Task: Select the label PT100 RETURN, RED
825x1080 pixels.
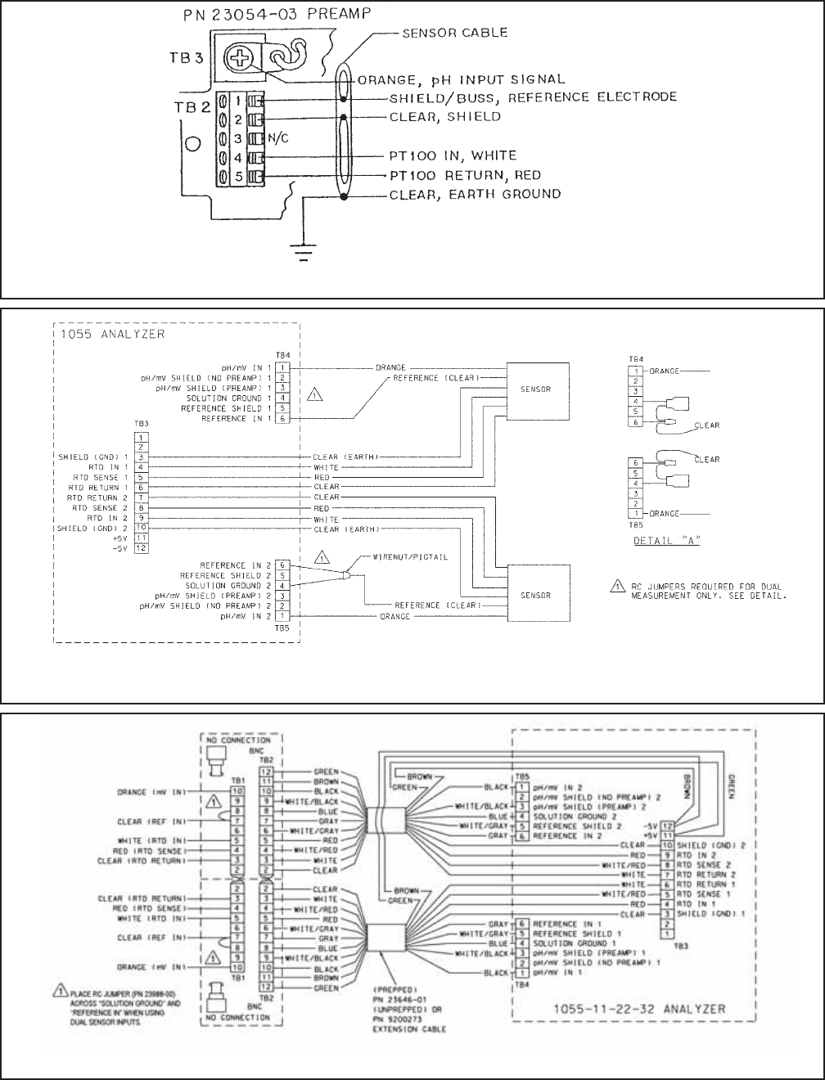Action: (x=465, y=175)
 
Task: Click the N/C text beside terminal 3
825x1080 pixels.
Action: (x=279, y=138)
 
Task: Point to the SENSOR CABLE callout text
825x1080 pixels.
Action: (x=454, y=34)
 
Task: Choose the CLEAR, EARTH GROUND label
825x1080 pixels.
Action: (x=475, y=195)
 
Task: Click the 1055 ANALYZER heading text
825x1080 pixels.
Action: (x=101, y=335)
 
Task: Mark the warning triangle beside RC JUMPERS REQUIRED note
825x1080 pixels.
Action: (x=614, y=586)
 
